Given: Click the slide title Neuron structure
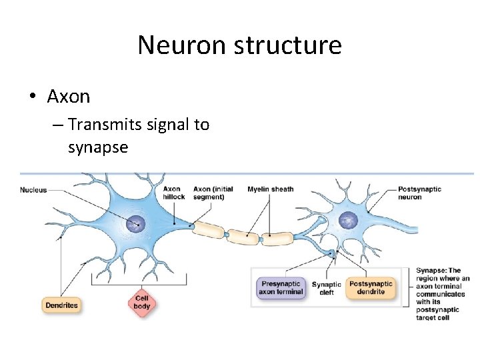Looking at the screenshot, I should (x=239, y=45).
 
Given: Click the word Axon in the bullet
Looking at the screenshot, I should (x=68, y=97).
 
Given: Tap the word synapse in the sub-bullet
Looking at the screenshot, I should (x=97, y=147).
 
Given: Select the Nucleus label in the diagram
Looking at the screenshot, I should (x=33, y=190).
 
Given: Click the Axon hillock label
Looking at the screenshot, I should (x=173, y=193).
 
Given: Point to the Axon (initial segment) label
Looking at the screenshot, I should (x=213, y=193).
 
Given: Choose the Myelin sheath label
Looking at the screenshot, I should (x=270, y=189).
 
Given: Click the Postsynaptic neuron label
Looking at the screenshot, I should (x=419, y=193).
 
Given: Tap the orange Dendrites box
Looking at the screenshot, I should (x=61, y=305).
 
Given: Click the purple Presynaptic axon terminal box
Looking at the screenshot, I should (x=280, y=287).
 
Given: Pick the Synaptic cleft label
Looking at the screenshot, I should (x=327, y=288).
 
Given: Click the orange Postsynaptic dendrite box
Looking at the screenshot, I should (x=371, y=287).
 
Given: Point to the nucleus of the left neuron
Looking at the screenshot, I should (x=137, y=223).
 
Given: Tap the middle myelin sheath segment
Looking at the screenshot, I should (x=244, y=234).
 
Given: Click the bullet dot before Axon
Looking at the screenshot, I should (x=32, y=97).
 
